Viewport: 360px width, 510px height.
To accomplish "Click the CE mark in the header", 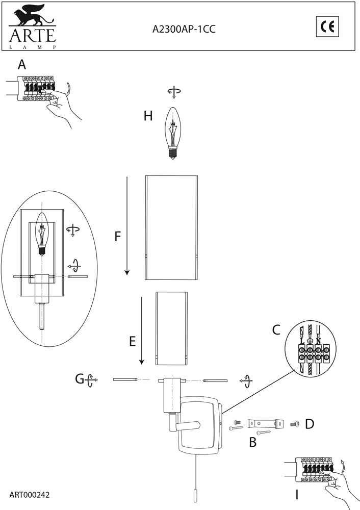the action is (x=327, y=27).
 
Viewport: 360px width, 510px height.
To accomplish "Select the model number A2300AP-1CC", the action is (x=184, y=29).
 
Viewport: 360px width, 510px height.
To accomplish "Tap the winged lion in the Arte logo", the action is (x=32, y=15).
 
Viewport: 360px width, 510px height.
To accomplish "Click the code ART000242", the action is (x=30, y=495).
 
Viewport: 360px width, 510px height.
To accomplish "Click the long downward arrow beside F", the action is (x=127, y=226).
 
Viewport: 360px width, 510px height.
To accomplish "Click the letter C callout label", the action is (x=276, y=330).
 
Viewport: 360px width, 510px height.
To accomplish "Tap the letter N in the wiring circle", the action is (x=318, y=341).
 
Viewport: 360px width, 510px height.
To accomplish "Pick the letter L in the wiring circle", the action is (x=302, y=341).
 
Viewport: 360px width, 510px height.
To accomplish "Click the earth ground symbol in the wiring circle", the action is (x=310, y=341).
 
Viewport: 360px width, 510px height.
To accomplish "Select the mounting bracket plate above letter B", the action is (x=265, y=424).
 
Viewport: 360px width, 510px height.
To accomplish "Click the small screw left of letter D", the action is (x=295, y=424).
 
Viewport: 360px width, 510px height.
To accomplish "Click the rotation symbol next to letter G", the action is (x=91, y=379).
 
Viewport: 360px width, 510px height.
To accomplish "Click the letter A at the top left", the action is (x=22, y=65).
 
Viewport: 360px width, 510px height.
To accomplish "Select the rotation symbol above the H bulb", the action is (x=174, y=92).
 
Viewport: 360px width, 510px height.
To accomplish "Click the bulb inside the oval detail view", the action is (x=42, y=235).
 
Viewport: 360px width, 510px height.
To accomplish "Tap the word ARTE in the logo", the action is (x=33, y=36).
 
